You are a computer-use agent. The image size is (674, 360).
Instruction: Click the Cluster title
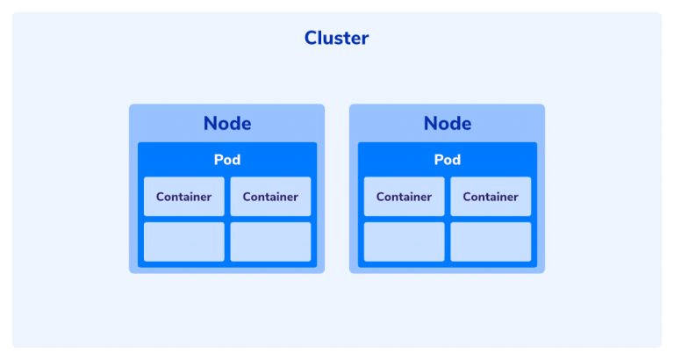(337, 38)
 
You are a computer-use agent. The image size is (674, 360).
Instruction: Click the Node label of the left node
(227, 124)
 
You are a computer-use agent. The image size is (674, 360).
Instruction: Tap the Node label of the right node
(448, 124)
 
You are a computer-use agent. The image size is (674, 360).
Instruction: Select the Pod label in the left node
(227, 160)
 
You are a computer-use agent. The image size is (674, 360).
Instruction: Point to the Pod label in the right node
(447, 160)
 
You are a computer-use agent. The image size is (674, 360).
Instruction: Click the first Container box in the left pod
(184, 197)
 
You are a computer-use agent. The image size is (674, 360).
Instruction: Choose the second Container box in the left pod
(270, 197)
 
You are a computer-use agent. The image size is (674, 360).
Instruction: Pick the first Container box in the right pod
(404, 197)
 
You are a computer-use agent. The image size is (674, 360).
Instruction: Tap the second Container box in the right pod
(491, 197)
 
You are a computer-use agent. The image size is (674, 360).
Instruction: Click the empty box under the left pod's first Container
(184, 241)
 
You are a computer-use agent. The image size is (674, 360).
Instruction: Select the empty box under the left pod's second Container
(270, 241)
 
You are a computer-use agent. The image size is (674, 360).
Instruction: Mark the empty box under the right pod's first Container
(404, 241)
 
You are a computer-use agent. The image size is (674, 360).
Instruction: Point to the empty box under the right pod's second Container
(491, 241)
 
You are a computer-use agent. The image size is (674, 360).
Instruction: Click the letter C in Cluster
(311, 38)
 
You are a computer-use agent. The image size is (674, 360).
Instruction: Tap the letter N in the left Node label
(210, 124)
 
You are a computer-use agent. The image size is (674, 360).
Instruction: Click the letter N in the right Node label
(430, 124)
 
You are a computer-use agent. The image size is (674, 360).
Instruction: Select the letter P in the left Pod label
(218, 160)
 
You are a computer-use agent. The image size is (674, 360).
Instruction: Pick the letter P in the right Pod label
(438, 160)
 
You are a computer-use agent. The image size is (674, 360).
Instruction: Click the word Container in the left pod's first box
(184, 197)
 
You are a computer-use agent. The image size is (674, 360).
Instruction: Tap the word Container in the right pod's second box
(491, 197)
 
